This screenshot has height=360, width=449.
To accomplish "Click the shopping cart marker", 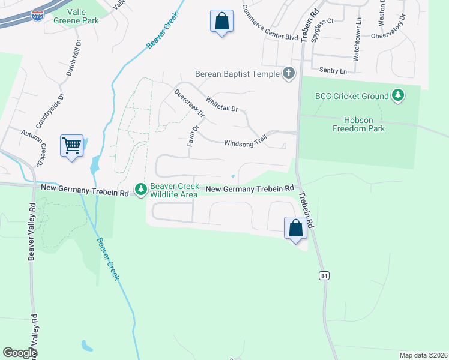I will [71, 146].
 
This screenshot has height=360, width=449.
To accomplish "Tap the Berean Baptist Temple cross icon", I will [289, 74].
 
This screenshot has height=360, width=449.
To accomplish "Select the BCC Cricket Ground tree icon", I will [397, 95].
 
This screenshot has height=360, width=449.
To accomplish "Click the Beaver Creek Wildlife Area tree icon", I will [141, 190].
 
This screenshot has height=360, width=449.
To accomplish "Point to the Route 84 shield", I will [324, 275].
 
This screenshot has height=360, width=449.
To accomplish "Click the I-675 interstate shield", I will [37, 13].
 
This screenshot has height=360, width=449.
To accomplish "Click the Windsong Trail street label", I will [245, 143].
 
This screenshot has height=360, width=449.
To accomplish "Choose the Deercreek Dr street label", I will [189, 103].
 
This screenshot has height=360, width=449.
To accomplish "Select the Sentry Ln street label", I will [333, 71].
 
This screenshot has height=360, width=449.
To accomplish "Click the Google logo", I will [20, 353].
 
